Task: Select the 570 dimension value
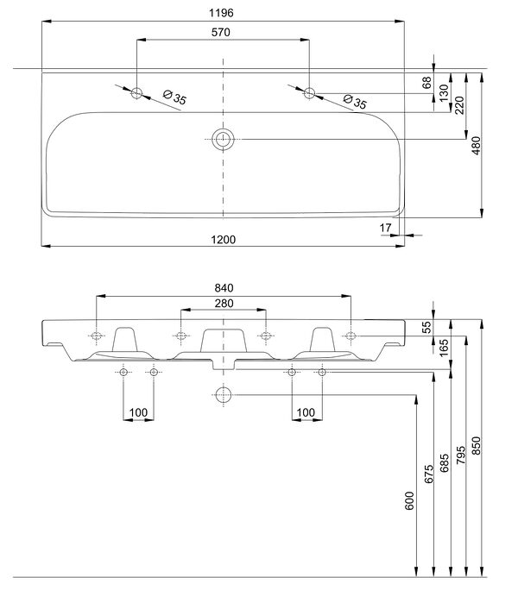point(223,32)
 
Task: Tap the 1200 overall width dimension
point(223,238)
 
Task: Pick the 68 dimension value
point(426,83)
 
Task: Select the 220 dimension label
point(459,104)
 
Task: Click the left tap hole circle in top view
point(136,93)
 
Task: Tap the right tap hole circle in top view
point(309,93)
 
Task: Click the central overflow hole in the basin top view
point(223,139)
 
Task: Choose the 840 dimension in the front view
point(223,287)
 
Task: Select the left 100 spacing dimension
point(138,411)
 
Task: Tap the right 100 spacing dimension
point(306,411)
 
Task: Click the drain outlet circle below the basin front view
point(223,396)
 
